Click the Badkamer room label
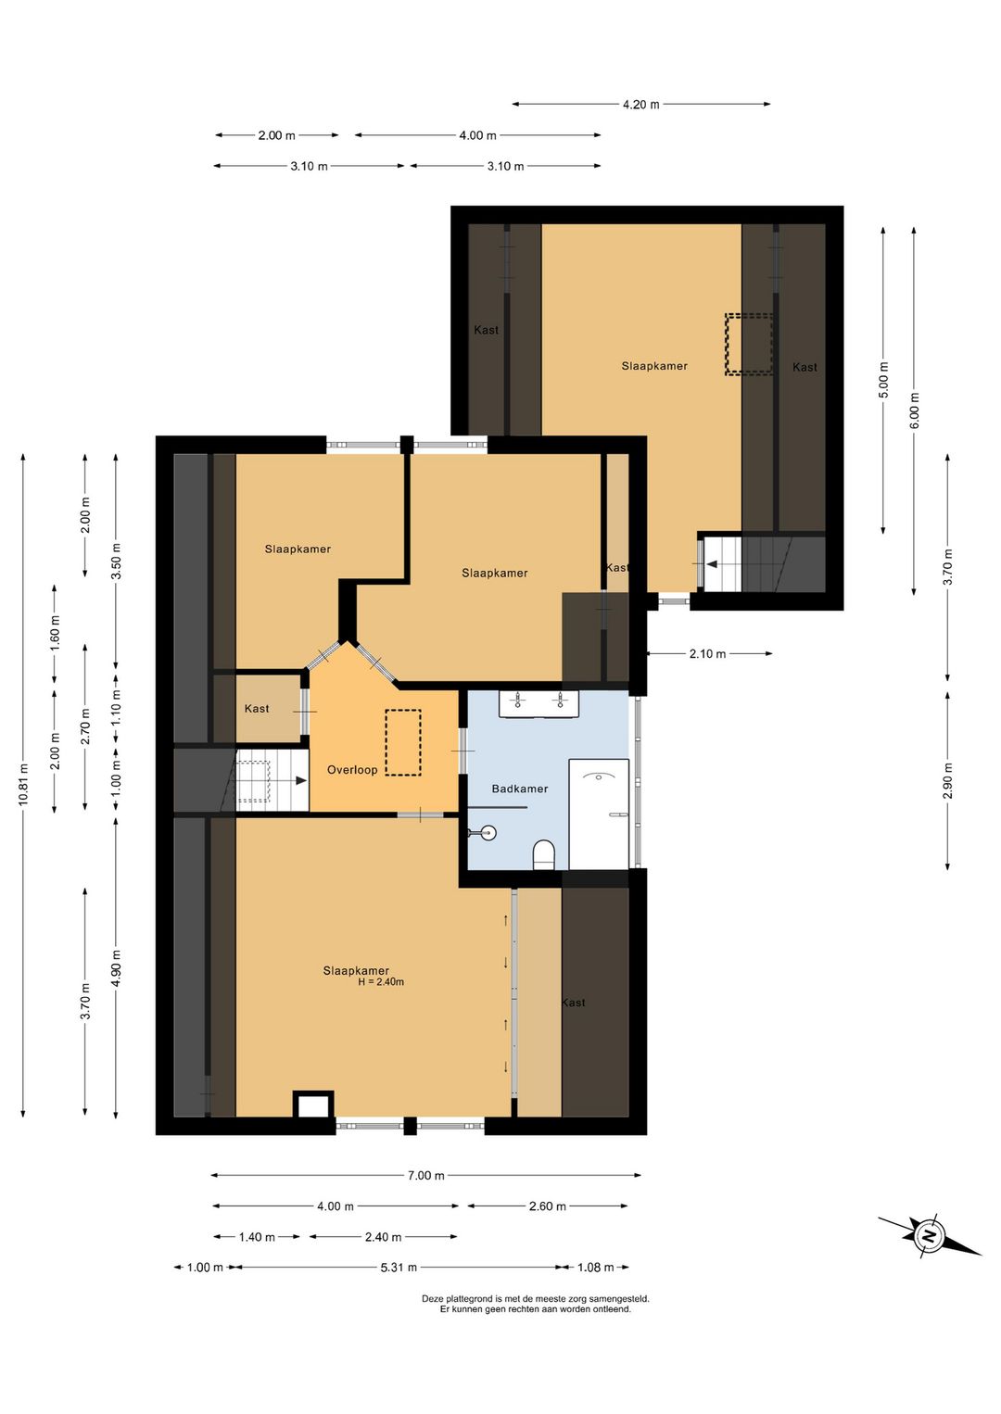pyautogui.click(x=520, y=789)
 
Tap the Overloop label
pyautogui.click(x=352, y=769)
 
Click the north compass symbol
pyautogui.click(x=930, y=1236)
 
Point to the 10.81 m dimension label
pyautogui.click(x=23, y=785)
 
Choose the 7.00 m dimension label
pyautogui.click(x=425, y=1175)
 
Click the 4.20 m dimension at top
pyautogui.click(x=641, y=104)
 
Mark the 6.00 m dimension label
pyautogui.click(x=914, y=410)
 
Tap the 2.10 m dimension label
pyautogui.click(x=707, y=653)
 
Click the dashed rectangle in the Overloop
pyautogui.click(x=403, y=742)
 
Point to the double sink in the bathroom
pyautogui.click(x=539, y=704)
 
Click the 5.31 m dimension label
pyautogui.click(x=399, y=1267)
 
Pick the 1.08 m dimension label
pyautogui.click(x=596, y=1267)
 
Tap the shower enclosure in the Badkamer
pyautogui.click(x=599, y=814)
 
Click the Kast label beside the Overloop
pyautogui.click(x=257, y=708)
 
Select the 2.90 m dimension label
pyautogui.click(x=947, y=781)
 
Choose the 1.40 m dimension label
pyautogui.click(x=257, y=1237)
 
